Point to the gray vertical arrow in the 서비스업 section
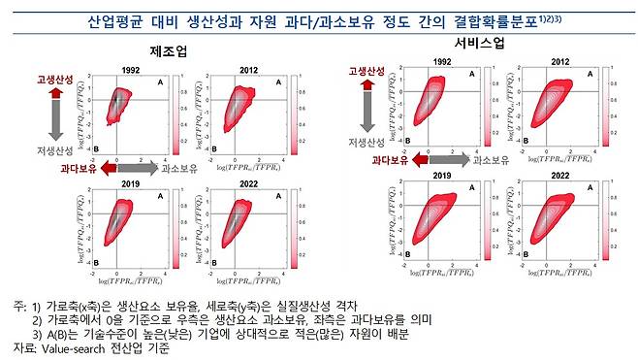pos(368,115)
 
